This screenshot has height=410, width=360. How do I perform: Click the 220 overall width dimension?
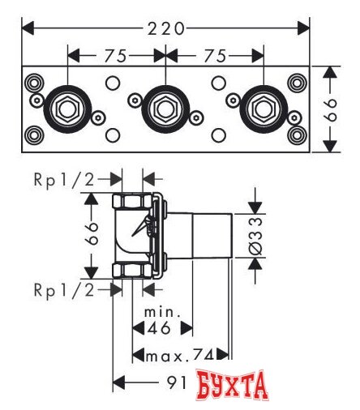pos(166,28)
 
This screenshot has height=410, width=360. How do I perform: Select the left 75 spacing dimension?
pos(116,56)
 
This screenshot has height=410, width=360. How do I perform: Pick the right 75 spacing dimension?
pos(215,56)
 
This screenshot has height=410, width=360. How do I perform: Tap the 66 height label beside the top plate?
pos(331,109)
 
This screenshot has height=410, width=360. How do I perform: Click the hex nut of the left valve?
pos(66,109)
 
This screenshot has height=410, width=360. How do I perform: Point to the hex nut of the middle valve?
pos(165,109)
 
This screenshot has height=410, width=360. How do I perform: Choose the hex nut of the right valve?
pos(263,109)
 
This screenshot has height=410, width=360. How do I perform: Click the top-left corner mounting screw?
pos(34,83)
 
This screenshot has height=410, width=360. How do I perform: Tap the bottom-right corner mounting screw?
pos(297,135)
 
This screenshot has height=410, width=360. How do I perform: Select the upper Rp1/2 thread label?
pos(64,179)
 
